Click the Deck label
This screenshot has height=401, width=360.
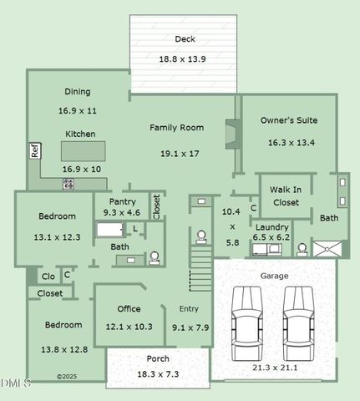coord(185,38)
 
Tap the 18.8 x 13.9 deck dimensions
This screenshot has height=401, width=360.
coord(183,59)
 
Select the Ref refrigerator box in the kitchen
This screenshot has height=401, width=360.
coord(35,151)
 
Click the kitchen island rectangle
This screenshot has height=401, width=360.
coord(82,150)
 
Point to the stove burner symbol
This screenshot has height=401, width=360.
coord(68,183)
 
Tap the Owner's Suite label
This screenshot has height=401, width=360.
coord(288,120)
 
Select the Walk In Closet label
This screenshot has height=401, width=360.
coord(286,196)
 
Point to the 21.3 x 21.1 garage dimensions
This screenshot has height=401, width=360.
coord(274,367)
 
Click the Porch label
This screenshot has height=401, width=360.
coord(157,359)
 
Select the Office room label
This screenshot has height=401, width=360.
coord(129,309)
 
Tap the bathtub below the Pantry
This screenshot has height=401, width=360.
coord(111,228)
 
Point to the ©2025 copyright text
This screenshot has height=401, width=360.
coord(67,377)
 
